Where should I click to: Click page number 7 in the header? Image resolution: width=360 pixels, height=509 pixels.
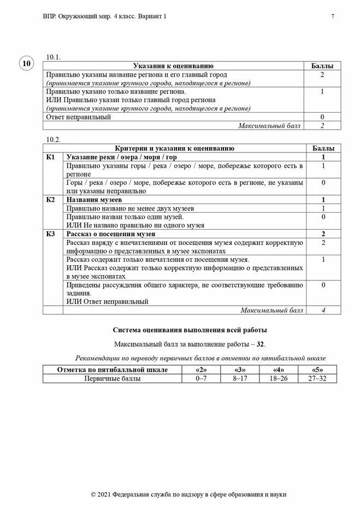(x=333, y=16)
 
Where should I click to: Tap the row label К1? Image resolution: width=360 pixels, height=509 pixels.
(x=50, y=157)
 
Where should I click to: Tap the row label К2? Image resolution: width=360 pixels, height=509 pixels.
(x=50, y=200)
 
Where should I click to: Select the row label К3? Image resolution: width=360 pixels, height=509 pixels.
(x=50, y=234)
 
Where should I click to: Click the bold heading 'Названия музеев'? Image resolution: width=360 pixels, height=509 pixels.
(x=94, y=200)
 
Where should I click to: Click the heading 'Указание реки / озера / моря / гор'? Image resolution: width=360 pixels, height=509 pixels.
(x=123, y=157)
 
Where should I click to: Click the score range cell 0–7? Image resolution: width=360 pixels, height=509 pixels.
(x=201, y=378)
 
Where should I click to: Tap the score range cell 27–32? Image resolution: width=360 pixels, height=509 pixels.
(x=317, y=378)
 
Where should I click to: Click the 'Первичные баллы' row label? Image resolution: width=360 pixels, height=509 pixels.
(x=112, y=378)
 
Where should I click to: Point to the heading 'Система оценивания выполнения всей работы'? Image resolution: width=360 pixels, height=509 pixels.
(x=190, y=330)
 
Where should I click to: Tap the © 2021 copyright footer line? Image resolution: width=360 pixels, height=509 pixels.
(x=188, y=494)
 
